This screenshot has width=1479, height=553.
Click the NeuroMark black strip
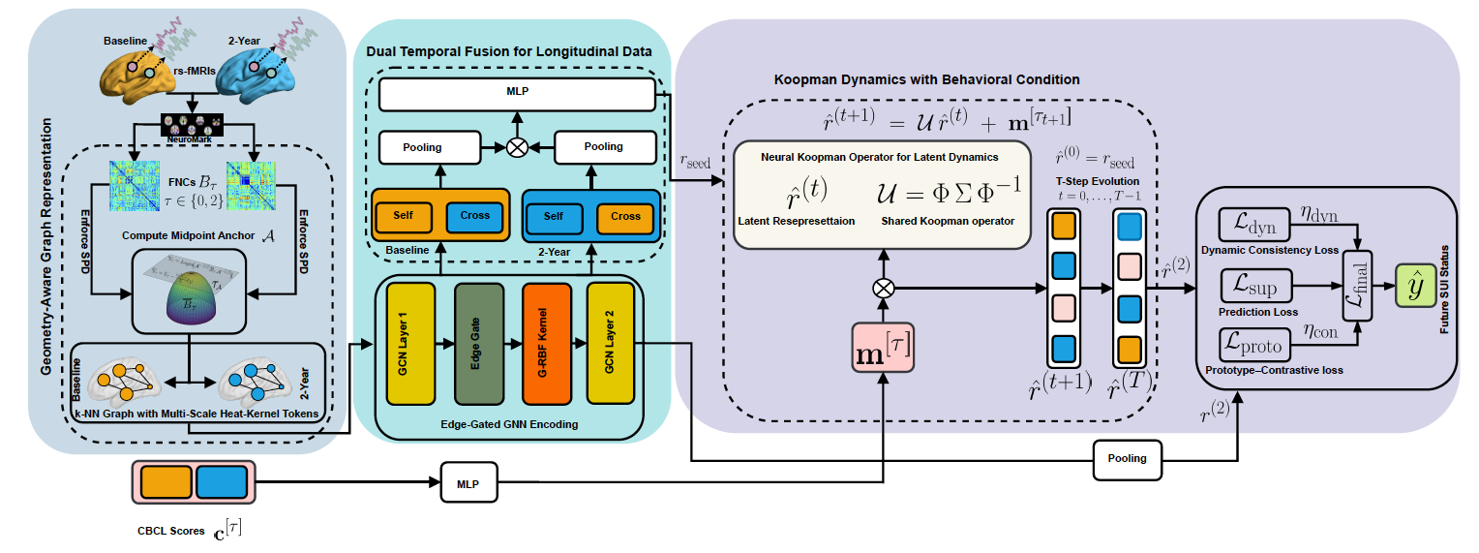[192, 123]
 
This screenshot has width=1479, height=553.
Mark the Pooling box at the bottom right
[1127, 458]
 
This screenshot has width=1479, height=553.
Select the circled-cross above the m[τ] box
[883, 287]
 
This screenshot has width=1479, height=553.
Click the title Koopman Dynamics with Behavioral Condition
[926, 79]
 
